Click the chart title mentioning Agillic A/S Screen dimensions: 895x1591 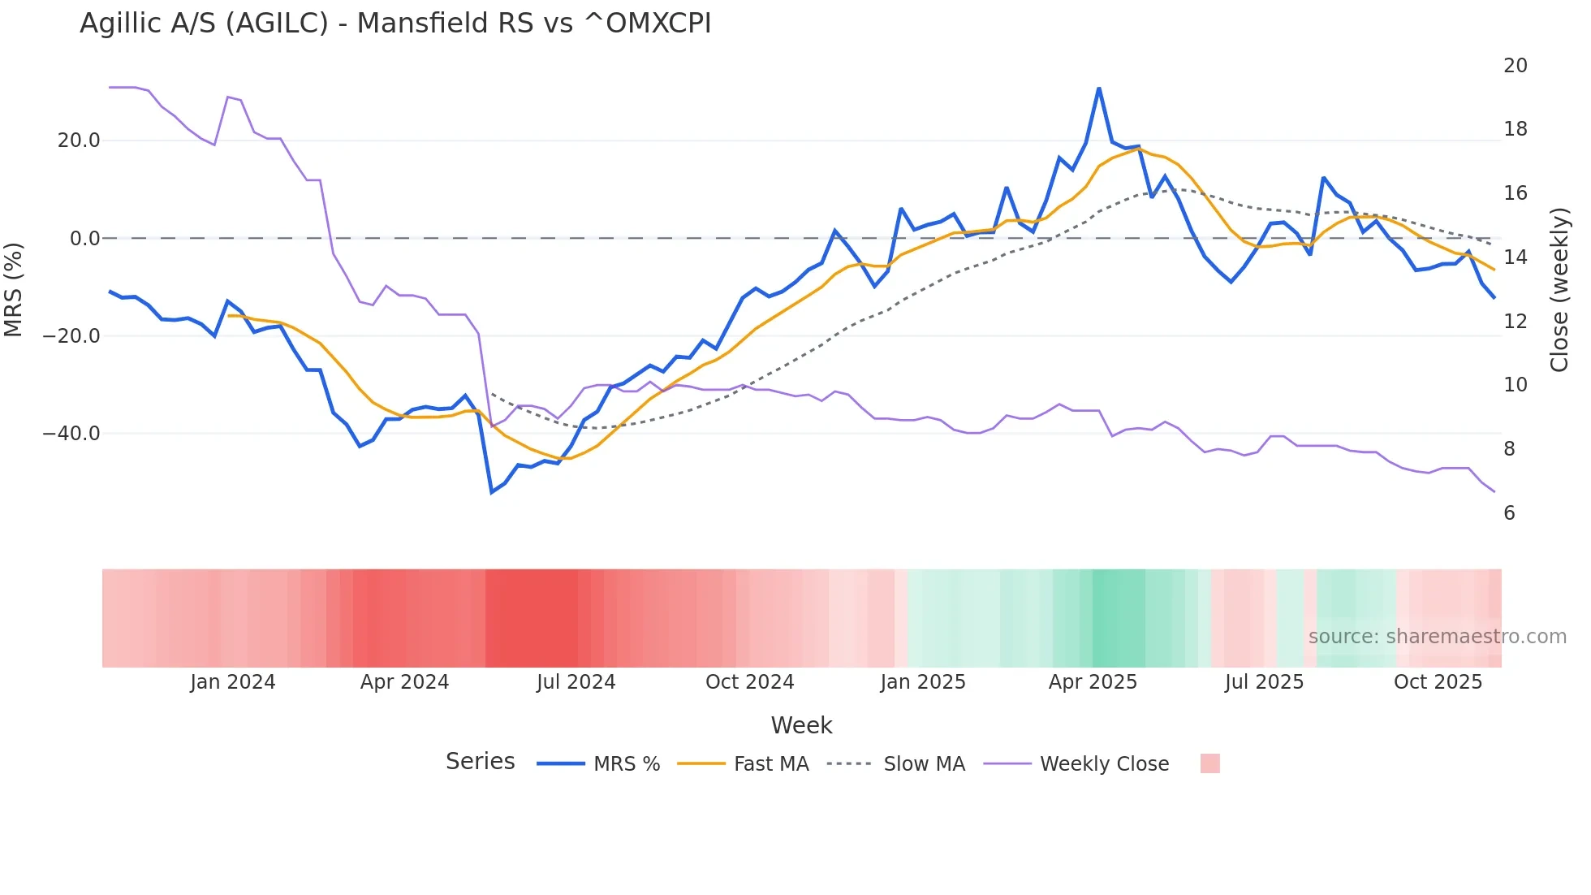(395, 24)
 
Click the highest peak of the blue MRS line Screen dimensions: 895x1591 (1099, 89)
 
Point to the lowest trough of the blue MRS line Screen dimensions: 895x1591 (492, 491)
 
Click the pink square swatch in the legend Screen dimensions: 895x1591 (1209, 763)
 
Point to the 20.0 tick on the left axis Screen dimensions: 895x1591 (79, 141)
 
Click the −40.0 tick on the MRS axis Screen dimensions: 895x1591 (71, 434)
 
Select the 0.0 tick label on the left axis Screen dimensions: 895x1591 (85, 239)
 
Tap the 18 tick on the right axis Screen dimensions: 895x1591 (1515, 129)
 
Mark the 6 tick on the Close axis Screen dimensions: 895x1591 (1509, 513)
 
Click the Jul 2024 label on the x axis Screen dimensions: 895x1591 (576, 682)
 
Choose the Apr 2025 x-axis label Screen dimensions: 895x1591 (1093, 682)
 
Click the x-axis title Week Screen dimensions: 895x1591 (801, 725)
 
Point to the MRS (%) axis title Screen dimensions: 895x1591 (14, 289)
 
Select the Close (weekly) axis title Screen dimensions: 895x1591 (1559, 290)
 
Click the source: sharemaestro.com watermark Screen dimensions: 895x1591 (1437, 637)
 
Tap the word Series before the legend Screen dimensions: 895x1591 (480, 762)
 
